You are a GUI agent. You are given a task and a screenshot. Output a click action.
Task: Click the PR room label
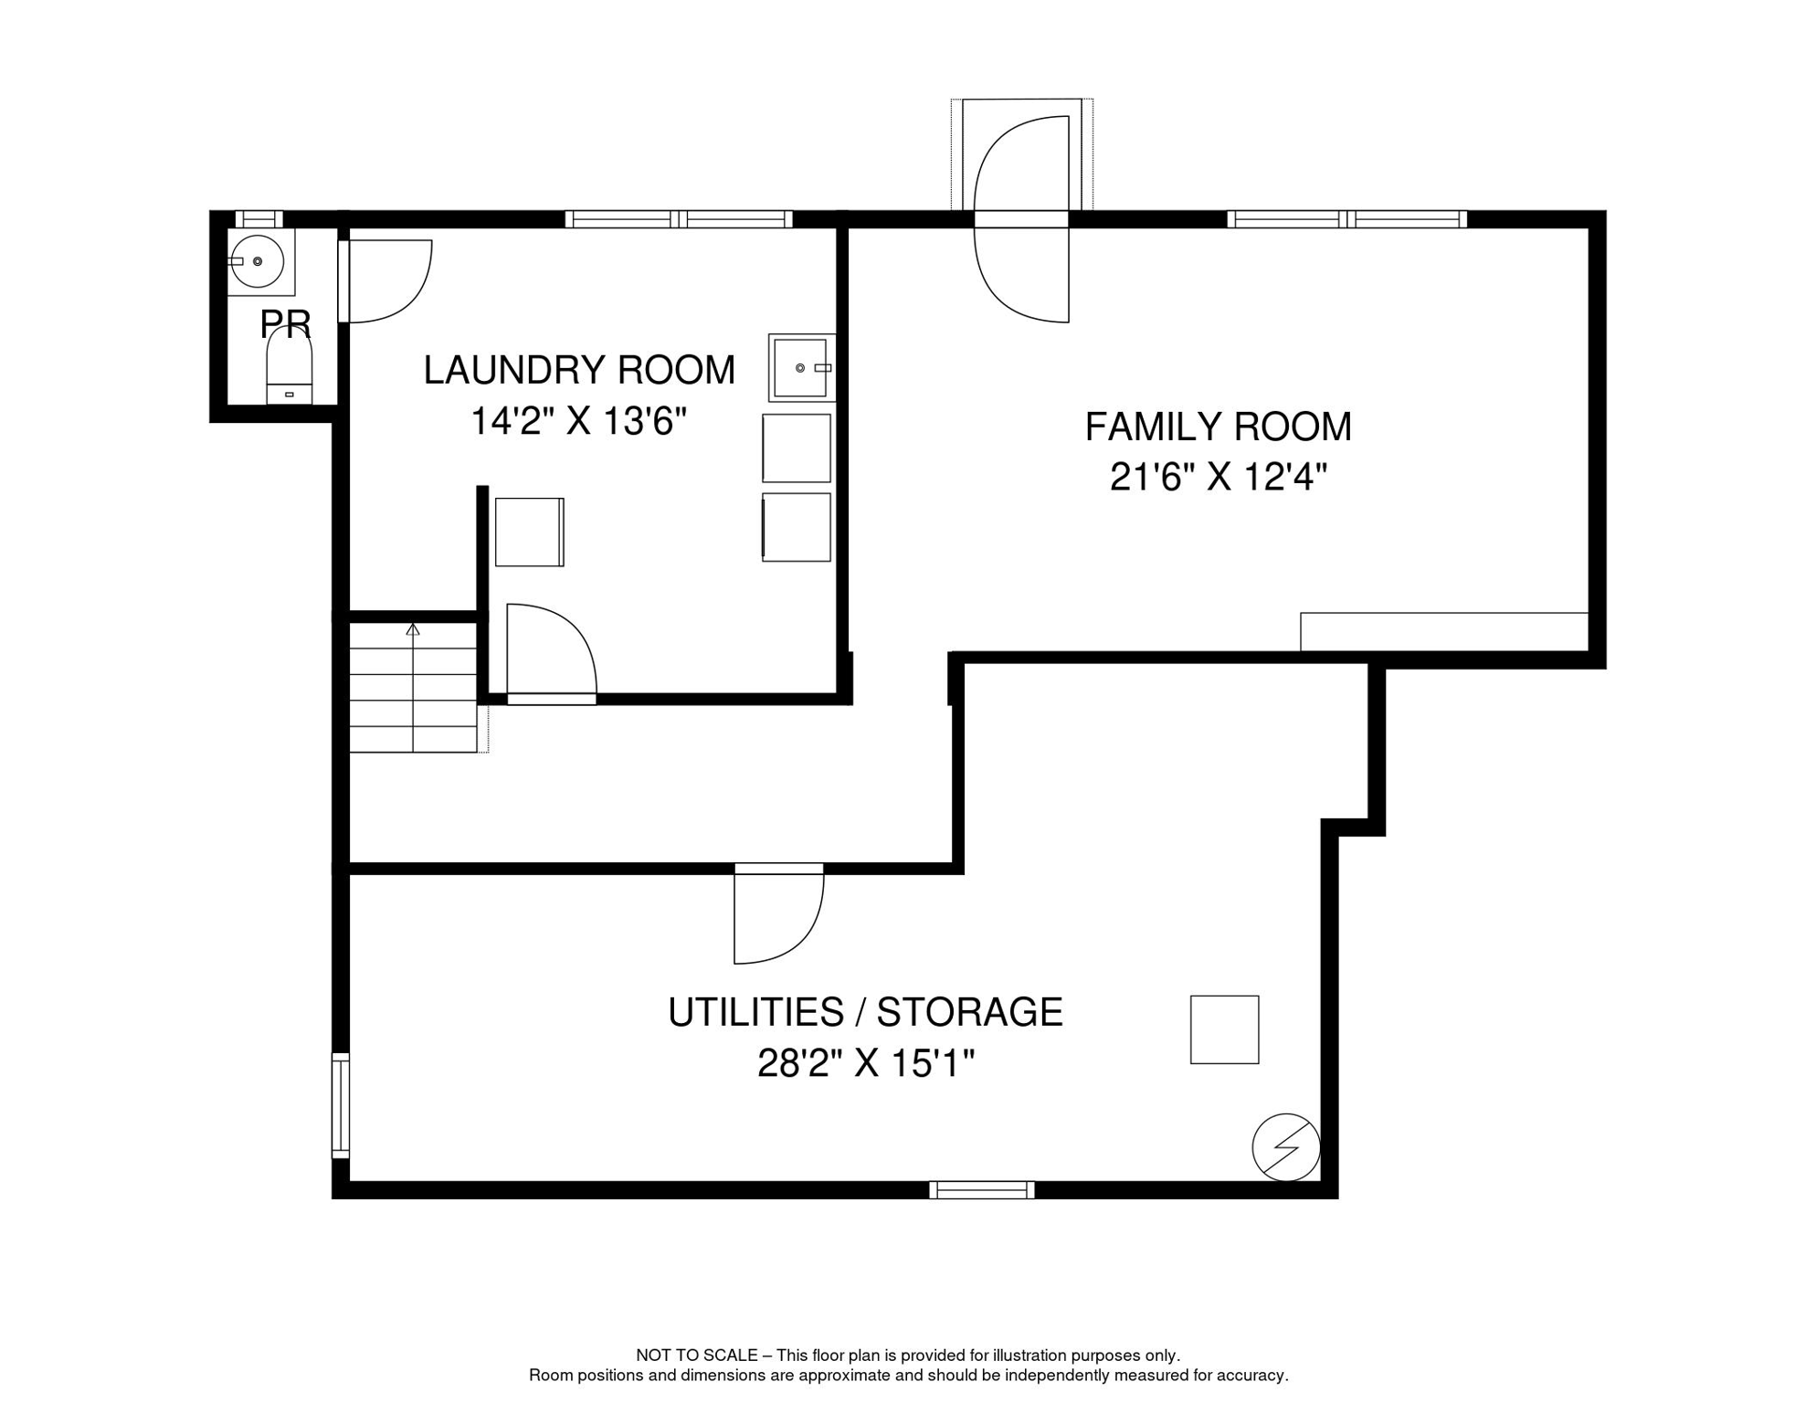point(285,324)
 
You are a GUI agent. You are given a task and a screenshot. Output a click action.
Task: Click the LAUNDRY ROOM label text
point(578,370)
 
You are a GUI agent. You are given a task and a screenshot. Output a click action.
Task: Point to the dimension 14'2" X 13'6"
point(578,422)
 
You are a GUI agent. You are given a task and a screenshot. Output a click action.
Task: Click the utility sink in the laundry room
point(801,367)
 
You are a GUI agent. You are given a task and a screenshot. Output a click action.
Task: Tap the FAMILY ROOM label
point(1218,427)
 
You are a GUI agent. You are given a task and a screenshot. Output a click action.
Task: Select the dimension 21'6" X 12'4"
point(1218,477)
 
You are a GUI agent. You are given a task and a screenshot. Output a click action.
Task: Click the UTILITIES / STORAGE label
point(865,1012)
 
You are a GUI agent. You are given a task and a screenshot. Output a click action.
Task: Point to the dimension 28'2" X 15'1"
point(865,1063)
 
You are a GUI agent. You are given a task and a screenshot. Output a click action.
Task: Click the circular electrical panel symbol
point(1285,1147)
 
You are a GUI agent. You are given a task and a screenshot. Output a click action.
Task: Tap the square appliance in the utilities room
point(1224,1029)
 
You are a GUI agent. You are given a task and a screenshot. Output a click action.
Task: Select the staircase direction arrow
point(413,629)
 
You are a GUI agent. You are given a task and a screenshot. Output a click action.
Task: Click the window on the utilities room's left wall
point(340,1105)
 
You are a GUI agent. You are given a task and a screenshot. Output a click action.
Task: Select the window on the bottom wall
point(981,1189)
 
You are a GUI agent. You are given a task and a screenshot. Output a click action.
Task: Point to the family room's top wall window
point(1346,219)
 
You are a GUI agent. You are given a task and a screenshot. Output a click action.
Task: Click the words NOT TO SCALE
point(696,1356)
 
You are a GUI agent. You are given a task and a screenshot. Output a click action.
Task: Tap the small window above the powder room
point(259,219)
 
